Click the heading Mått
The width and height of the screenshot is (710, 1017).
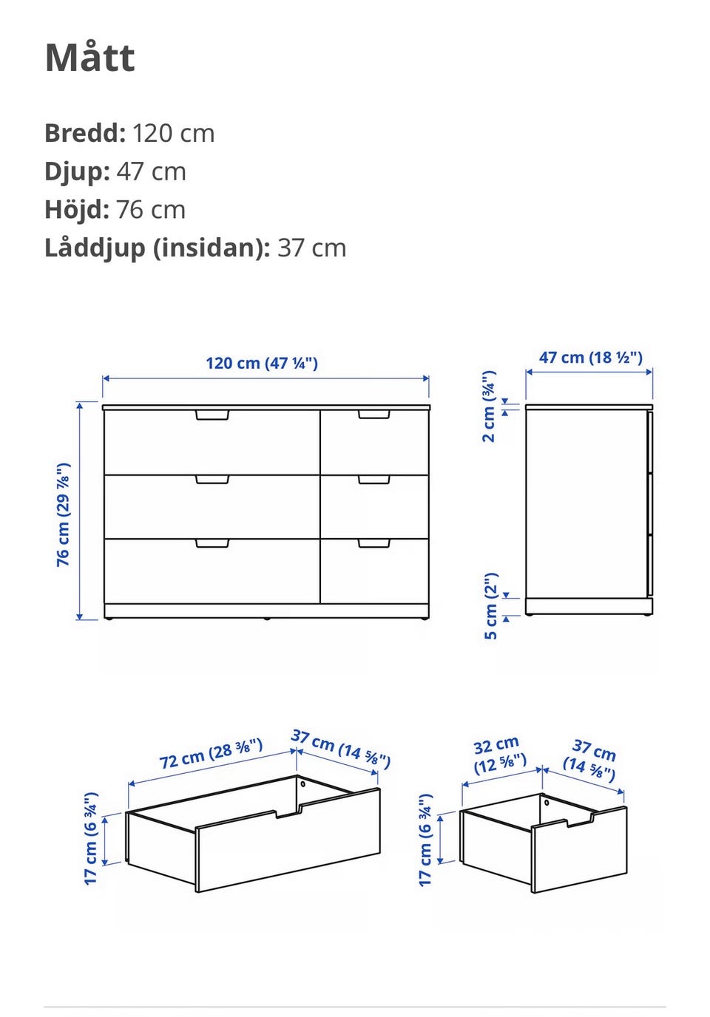pyautogui.click(x=90, y=58)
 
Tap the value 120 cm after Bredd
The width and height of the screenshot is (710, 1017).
pyautogui.click(x=174, y=134)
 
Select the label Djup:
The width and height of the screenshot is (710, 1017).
pyautogui.click(x=77, y=172)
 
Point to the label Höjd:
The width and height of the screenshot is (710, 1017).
pyautogui.click(x=77, y=211)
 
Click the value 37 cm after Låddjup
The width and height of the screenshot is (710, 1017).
pyautogui.click(x=311, y=248)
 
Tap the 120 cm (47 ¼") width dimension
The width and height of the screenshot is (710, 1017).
pyautogui.click(x=262, y=363)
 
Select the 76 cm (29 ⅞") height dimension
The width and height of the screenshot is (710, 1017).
pyautogui.click(x=63, y=515)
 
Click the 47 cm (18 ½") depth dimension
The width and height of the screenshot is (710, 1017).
pyautogui.click(x=590, y=357)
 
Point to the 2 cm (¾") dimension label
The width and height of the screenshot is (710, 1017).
pyautogui.click(x=489, y=407)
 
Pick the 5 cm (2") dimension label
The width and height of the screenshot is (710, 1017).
pyautogui.click(x=491, y=606)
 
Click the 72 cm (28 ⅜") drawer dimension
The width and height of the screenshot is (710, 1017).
pyautogui.click(x=212, y=754)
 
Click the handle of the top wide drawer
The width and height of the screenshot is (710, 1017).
pyautogui.click(x=212, y=415)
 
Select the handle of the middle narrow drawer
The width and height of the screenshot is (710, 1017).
pyautogui.click(x=373, y=480)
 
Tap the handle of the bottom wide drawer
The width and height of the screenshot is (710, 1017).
pyautogui.click(x=212, y=543)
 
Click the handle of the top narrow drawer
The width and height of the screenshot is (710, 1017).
pyautogui.click(x=373, y=415)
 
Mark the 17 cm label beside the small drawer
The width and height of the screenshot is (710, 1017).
pyautogui.click(x=425, y=840)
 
